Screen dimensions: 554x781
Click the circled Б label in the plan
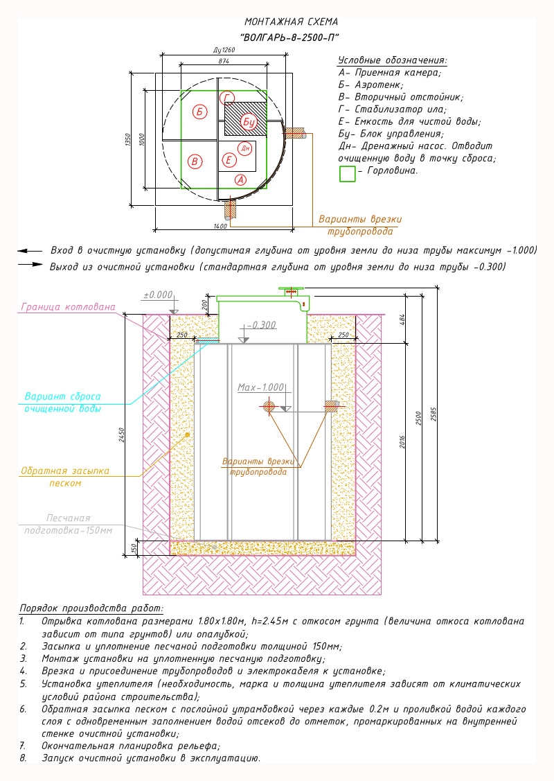[x=199, y=112]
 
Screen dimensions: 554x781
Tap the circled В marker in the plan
[x=195, y=161]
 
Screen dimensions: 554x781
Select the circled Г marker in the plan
[x=227, y=98]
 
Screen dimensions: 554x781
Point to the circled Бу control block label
[x=249, y=121]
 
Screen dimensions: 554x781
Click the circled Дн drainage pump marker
[x=245, y=148]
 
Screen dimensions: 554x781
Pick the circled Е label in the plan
[x=229, y=160]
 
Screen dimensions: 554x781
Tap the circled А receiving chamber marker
[x=241, y=179]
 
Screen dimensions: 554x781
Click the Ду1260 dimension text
[x=224, y=51]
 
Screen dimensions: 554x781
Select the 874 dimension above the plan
[x=224, y=61]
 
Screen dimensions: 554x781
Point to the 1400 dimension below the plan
[x=220, y=226]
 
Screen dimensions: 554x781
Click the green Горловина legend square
[x=348, y=174]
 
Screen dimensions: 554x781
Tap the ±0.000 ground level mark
[x=158, y=295]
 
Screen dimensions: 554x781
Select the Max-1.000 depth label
[x=261, y=387]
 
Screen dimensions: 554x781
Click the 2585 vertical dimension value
[x=434, y=415]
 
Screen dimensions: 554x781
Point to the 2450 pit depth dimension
[x=121, y=435]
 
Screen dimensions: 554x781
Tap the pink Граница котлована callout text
[x=68, y=307]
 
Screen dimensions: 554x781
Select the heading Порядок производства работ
[x=91, y=608]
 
